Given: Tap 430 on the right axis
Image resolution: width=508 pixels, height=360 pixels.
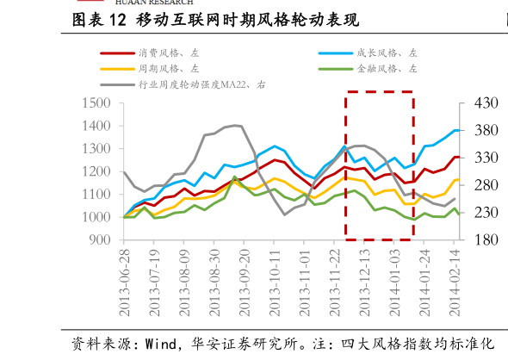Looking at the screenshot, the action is coord(486,103).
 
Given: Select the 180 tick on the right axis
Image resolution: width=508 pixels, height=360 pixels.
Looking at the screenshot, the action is coord(486,239).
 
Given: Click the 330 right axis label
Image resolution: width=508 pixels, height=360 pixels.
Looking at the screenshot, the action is coord(486,158).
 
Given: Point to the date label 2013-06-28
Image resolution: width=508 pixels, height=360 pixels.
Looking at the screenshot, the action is coord(124,282).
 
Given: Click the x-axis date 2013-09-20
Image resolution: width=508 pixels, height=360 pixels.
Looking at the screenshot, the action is coord(245,282).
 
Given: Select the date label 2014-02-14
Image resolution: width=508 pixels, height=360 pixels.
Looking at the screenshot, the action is coord(455,282).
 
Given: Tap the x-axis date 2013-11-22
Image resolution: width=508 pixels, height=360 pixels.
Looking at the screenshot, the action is coord(334,282).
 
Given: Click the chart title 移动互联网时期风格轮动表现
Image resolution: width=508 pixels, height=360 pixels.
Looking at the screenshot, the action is coord(247,20).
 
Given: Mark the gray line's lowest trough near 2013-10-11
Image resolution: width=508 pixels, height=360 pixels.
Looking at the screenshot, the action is coord(284,214).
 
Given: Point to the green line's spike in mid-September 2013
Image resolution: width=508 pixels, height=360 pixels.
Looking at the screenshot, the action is coord(234,177).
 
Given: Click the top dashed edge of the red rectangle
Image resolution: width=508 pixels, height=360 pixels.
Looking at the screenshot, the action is coord(380,91).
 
